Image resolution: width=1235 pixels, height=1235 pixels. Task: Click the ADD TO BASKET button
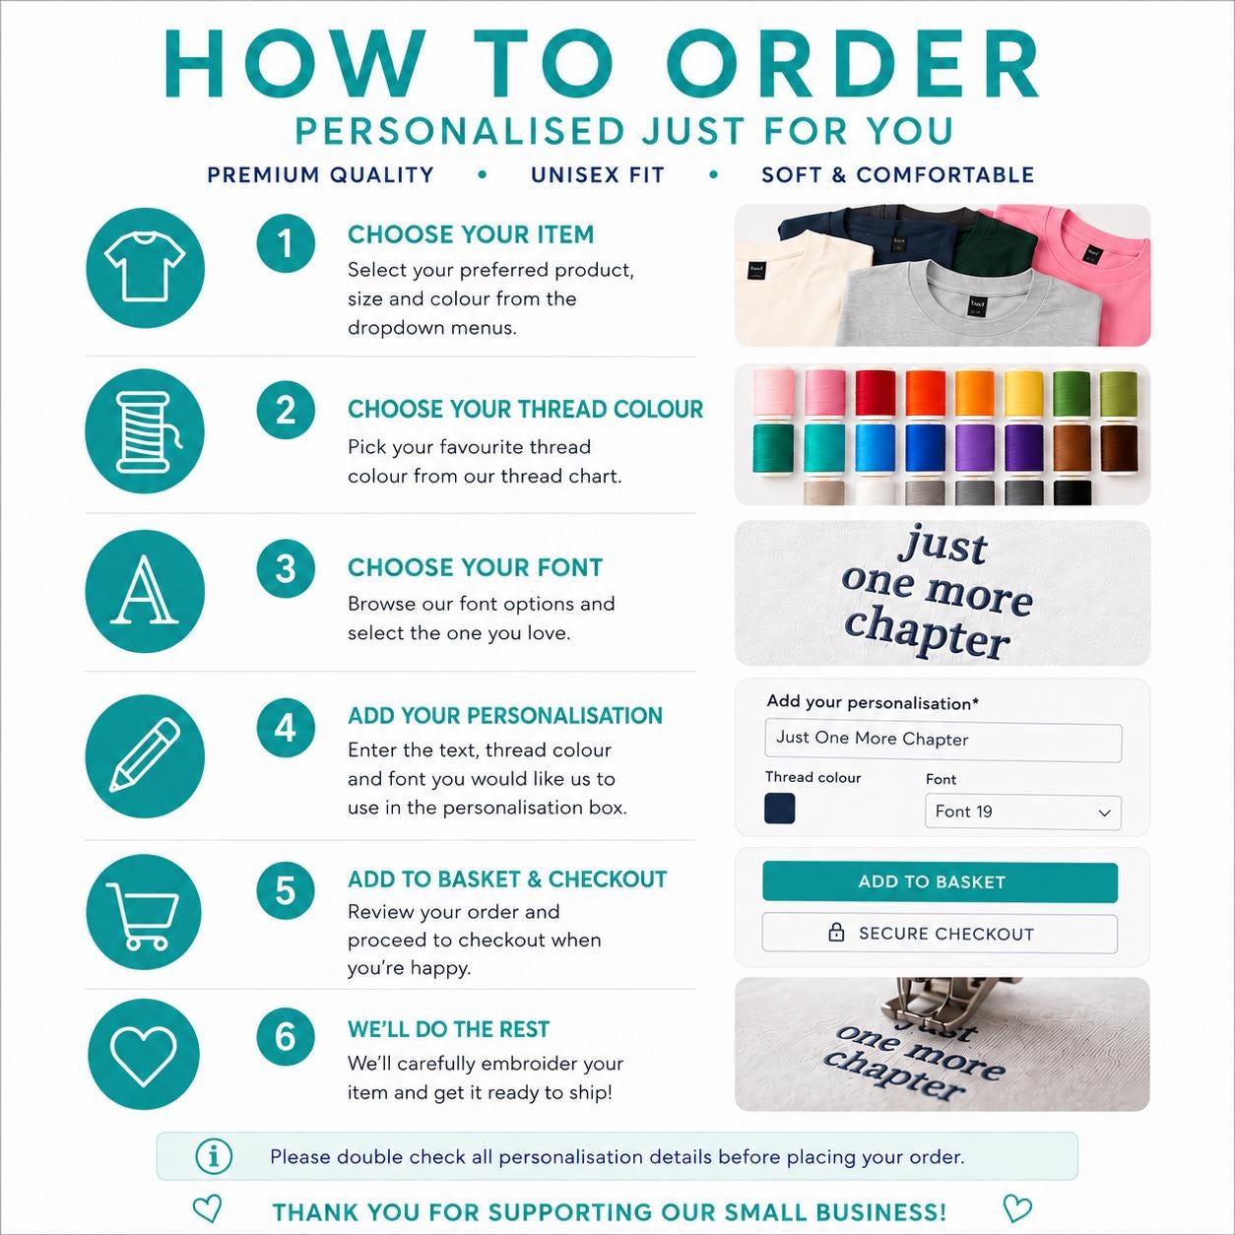[x=940, y=881]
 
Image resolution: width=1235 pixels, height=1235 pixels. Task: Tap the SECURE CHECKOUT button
[x=940, y=934]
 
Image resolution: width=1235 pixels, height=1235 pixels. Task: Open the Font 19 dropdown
[x=1023, y=812]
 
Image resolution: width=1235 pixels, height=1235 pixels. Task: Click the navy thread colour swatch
[x=779, y=809]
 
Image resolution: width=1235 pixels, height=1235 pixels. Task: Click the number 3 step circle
[x=286, y=568]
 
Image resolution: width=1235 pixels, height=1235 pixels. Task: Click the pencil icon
[x=145, y=755]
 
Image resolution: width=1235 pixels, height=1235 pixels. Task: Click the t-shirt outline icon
[x=145, y=267]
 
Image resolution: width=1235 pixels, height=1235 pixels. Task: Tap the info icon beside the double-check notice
[x=214, y=1156]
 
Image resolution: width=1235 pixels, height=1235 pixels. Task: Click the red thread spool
[x=875, y=393]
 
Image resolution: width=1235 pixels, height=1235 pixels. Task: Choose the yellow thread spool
[x=1023, y=393]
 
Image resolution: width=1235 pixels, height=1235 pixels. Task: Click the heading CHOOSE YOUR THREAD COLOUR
[x=526, y=409]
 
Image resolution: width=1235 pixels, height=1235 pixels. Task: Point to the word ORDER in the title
[x=852, y=65]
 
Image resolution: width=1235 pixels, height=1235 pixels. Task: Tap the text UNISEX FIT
[x=598, y=175]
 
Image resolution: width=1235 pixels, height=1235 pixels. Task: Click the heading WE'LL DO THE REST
[x=449, y=1029]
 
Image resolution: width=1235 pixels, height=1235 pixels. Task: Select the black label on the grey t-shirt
[x=977, y=303]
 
